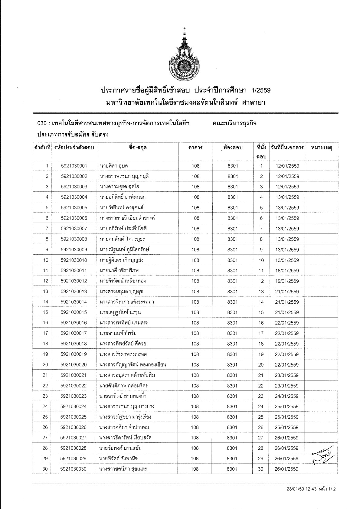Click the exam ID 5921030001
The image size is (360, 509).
click(74, 166)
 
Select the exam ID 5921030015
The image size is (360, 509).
click(74, 312)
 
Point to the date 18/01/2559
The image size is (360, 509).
click(287, 271)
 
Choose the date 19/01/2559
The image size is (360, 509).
click(287, 281)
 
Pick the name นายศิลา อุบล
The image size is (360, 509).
click(113, 166)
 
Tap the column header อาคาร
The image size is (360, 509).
click(195, 148)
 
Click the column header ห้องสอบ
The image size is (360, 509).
click(232, 148)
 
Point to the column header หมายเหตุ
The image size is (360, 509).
click(322, 148)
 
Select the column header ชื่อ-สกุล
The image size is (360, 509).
click(138, 148)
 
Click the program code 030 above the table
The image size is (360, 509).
click(41, 124)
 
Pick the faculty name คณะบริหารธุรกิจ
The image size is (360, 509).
click(235, 123)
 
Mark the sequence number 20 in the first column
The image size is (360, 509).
click(45, 365)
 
